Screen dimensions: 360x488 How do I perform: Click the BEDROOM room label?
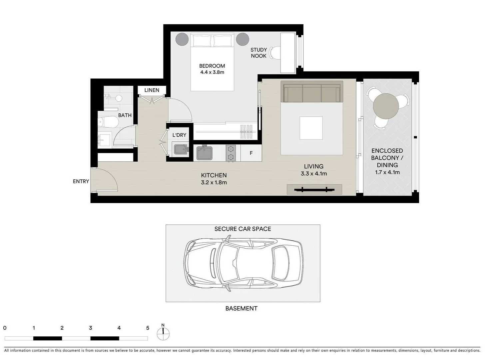coord(212,66)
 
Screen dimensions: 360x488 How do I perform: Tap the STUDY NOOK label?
coord(258,53)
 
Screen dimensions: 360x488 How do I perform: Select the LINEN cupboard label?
coord(152,90)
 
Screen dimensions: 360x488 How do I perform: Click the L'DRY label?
coord(179,135)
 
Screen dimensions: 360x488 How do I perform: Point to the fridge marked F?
coord(251,153)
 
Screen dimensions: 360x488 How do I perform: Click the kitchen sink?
coord(204,153)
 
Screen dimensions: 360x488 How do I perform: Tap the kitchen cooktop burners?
coord(231,153)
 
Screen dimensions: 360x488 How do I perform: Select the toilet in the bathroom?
coord(108,122)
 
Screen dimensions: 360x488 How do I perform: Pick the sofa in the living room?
coord(312,92)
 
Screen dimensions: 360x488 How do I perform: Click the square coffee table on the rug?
coord(311,128)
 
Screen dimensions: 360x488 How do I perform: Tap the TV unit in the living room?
coord(314,189)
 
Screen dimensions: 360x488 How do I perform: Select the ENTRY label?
coord(81,181)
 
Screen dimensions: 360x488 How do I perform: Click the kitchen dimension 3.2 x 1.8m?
coord(214,182)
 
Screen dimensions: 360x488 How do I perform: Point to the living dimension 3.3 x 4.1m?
coord(313,174)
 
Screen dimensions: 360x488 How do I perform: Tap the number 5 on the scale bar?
coord(148,328)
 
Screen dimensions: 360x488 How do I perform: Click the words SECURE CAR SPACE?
coord(243,229)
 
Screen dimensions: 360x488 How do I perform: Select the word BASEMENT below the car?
coord(241,308)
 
